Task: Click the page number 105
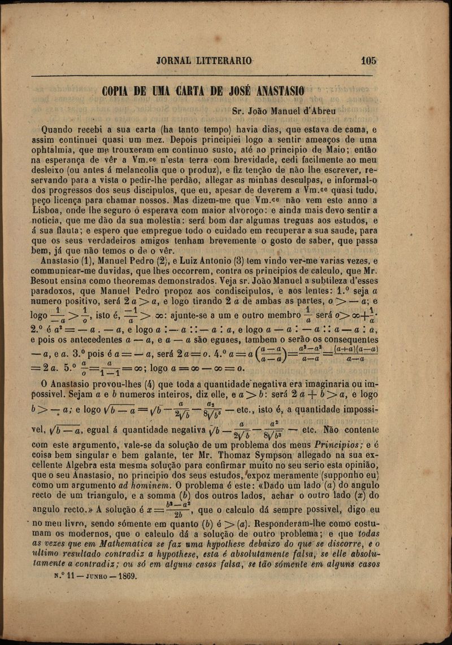(x=367, y=61)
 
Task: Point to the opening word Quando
(x=59, y=129)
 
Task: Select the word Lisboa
(x=55, y=209)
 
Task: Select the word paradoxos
(x=60, y=291)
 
